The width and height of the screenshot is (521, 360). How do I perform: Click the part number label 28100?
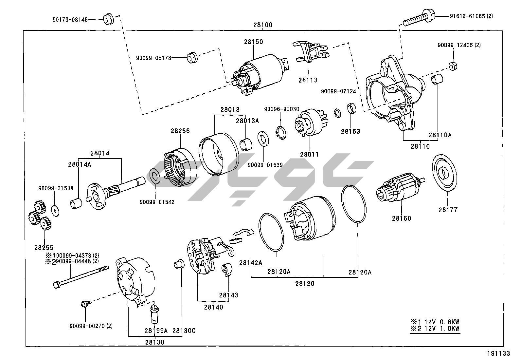262,25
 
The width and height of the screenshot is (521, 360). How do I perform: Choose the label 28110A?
440,135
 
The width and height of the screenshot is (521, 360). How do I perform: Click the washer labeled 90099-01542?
154,177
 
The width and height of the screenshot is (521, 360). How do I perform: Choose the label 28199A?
156,331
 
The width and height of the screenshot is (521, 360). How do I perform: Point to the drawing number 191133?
498,353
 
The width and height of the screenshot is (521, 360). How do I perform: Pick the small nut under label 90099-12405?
452,66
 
